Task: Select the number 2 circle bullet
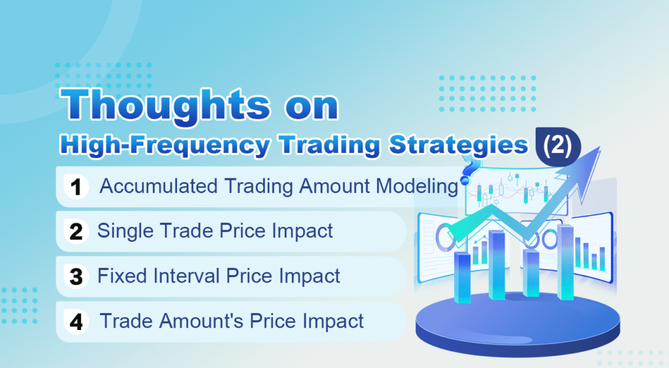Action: pyautogui.click(x=76, y=232)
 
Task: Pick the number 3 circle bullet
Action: pyautogui.click(x=76, y=276)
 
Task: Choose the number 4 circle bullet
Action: pyautogui.click(x=76, y=322)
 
